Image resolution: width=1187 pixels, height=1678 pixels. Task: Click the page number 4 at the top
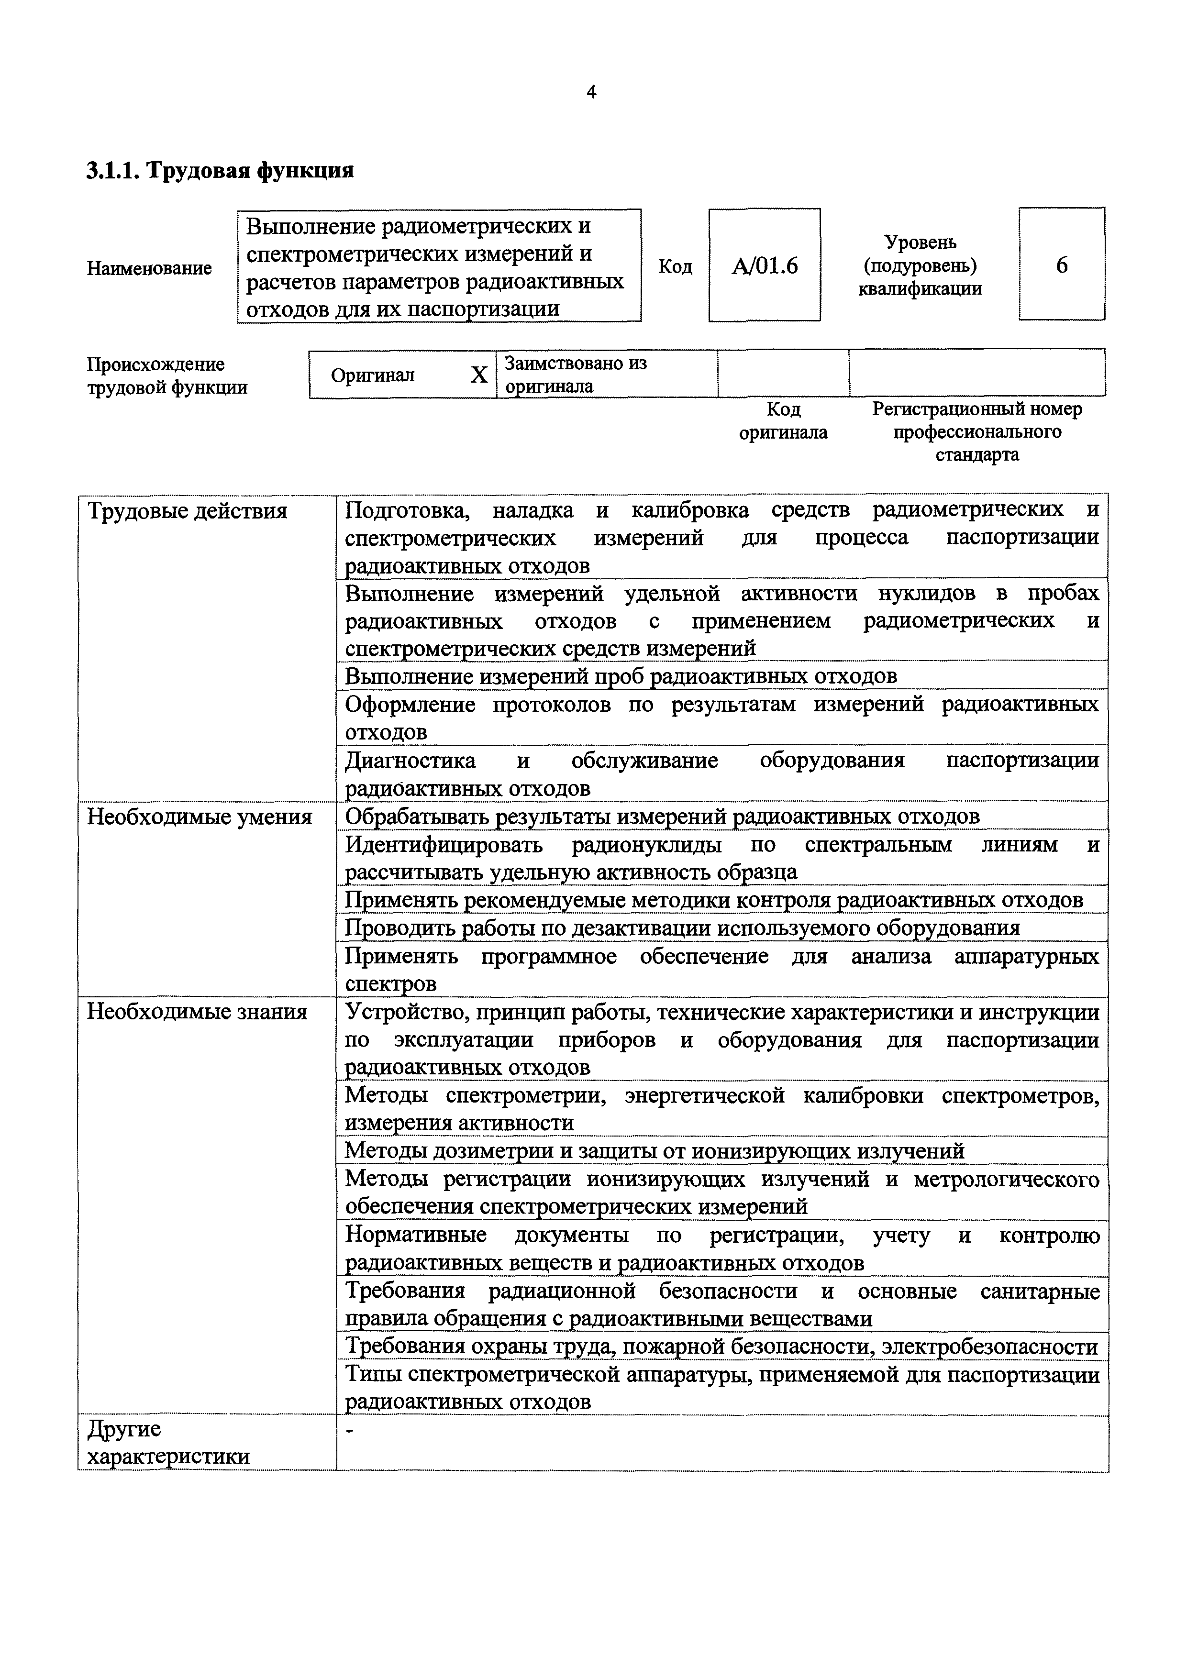coord(591,92)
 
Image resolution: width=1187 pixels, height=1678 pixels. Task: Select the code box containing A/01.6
coord(765,265)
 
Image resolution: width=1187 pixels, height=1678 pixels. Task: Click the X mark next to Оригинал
coord(479,375)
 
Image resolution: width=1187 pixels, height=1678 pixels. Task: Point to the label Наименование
coord(149,268)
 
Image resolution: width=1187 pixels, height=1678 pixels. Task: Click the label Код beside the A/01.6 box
coord(676,266)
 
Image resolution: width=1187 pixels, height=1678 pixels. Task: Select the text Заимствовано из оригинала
coord(576,374)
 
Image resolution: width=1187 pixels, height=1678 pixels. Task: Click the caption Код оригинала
coord(784,420)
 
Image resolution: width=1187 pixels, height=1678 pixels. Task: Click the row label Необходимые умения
coord(200,817)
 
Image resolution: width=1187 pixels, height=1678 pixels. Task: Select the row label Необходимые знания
coord(197,1012)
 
